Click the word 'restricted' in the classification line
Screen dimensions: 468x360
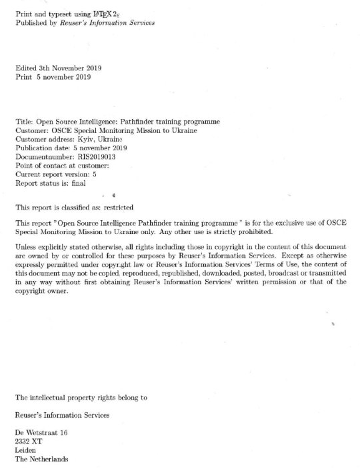118,207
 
